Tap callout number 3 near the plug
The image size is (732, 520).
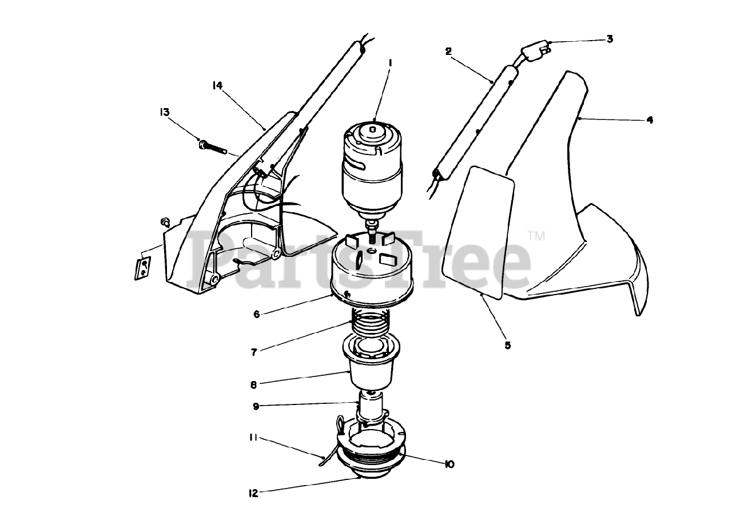pos(609,39)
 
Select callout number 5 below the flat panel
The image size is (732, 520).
pos(508,345)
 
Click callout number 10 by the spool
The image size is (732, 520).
pos(449,465)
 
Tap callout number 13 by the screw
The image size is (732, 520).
pos(165,112)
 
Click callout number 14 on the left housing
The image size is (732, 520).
pos(217,85)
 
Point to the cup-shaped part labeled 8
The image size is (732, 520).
pos(371,369)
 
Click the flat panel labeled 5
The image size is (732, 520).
pos(480,229)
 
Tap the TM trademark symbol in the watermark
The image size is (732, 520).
pos(535,236)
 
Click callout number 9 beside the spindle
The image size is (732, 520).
pos(256,406)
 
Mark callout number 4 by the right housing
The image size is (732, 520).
pos(649,120)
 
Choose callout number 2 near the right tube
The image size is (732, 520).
pos(448,51)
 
